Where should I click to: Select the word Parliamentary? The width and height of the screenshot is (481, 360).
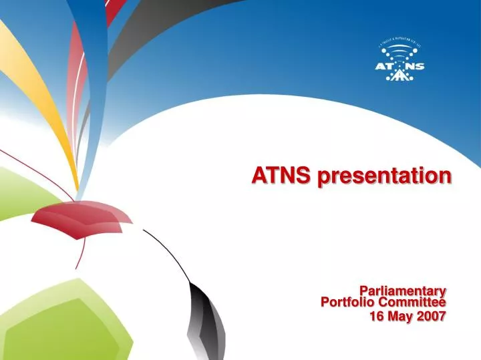[402, 291]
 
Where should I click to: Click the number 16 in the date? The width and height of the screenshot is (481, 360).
[377, 316]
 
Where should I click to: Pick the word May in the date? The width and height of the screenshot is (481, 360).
[402, 316]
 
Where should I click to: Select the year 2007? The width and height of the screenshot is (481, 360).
[431, 316]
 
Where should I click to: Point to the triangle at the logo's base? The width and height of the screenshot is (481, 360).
[399, 75]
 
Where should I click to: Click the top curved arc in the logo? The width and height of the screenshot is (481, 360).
[399, 45]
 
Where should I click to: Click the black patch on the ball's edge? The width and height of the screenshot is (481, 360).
[200, 314]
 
